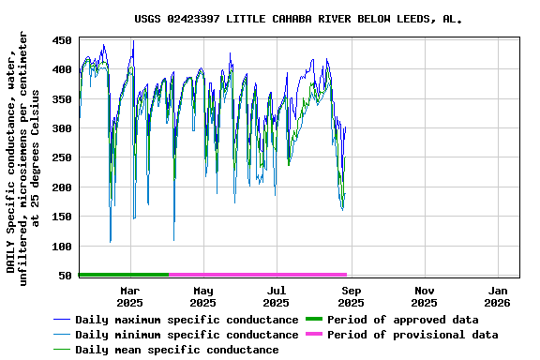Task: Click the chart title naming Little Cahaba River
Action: click(298, 18)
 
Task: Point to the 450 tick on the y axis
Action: click(62, 40)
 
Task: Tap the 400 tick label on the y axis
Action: click(62, 69)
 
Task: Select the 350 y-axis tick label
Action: click(62, 99)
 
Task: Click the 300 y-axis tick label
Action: click(62, 128)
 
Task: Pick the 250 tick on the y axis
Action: click(62, 158)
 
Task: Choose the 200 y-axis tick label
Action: click(62, 187)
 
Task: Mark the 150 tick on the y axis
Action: click(62, 217)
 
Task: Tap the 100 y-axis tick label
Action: click(62, 247)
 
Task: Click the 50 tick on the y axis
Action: click(66, 276)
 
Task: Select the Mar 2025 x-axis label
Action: click(129, 296)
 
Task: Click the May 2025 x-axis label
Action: click(202, 296)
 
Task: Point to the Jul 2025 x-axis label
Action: click(276, 296)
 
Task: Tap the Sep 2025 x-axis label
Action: click(351, 296)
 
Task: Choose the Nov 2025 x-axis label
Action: click(424, 296)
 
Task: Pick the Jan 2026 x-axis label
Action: click(497, 296)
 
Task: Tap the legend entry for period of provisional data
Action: click(412, 335)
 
